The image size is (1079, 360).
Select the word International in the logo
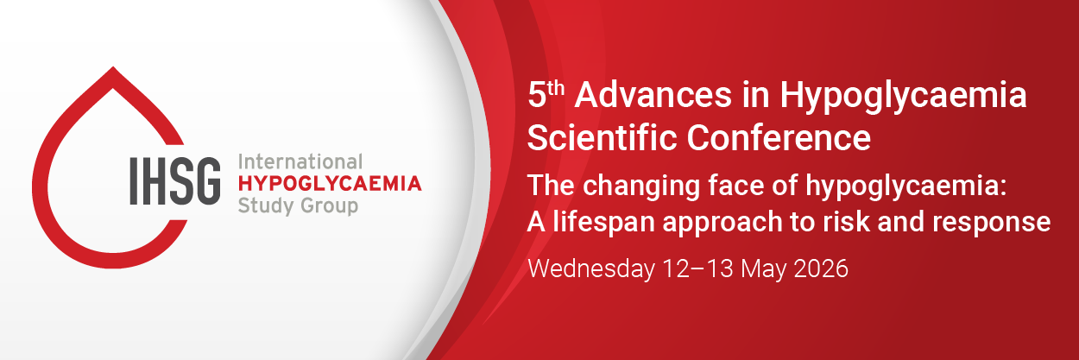[x=299, y=161]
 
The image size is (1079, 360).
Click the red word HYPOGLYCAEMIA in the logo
[x=329, y=183]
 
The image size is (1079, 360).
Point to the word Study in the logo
[x=262, y=205]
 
